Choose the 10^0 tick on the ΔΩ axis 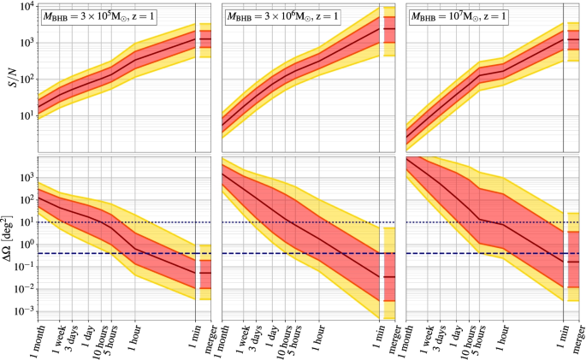(x=24, y=244)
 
